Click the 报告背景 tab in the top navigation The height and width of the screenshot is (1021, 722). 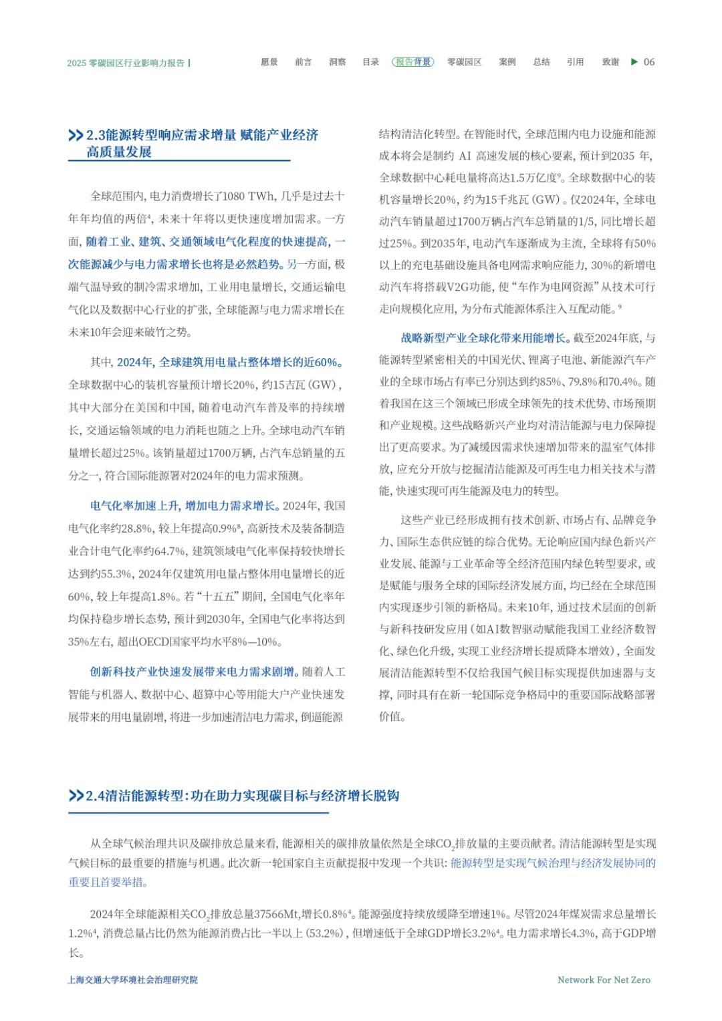412,62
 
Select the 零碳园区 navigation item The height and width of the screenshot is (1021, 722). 464,62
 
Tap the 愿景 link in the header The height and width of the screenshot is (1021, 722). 269,62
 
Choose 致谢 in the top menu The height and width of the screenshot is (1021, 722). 610,62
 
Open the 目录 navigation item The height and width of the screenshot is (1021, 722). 370,62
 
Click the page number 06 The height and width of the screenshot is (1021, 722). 649,62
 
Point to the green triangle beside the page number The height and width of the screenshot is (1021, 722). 634,62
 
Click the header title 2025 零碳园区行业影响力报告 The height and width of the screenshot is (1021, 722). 126,63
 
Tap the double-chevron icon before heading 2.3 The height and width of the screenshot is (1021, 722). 76,136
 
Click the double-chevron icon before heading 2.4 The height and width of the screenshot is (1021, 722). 76,796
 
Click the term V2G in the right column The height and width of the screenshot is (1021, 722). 463,287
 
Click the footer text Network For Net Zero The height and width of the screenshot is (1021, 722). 604,980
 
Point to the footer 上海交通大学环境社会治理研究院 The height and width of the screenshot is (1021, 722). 133,980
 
